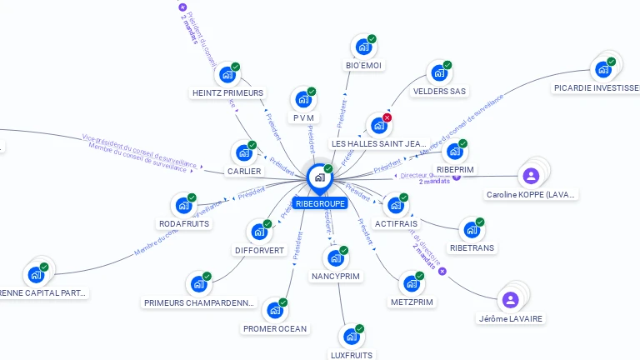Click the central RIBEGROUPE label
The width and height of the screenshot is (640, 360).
(319, 203)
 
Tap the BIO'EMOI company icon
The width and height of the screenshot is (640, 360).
(363, 47)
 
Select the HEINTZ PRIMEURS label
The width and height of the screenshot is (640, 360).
(227, 92)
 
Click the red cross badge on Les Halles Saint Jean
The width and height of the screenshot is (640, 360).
(387, 117)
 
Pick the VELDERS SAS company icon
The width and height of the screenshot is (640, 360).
(438, 74)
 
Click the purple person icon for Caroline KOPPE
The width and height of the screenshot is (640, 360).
(530, 176)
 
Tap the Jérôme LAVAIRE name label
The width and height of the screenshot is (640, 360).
(510, 318)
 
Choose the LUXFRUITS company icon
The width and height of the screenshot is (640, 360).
(351, 337)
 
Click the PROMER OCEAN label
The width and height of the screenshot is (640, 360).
(275, 328)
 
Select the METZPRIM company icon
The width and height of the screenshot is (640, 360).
(411, 284)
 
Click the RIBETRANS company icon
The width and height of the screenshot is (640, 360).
(471, 230)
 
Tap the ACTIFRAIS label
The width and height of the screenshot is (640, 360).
(395, 224)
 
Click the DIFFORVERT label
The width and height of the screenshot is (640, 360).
(259, 250)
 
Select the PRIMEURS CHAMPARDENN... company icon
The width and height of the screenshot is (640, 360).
(198, 285)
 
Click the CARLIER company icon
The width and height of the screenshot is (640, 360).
(243, 153)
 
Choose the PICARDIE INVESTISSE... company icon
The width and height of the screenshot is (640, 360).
(602, 69)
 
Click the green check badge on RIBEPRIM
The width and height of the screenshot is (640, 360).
(462, 143)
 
